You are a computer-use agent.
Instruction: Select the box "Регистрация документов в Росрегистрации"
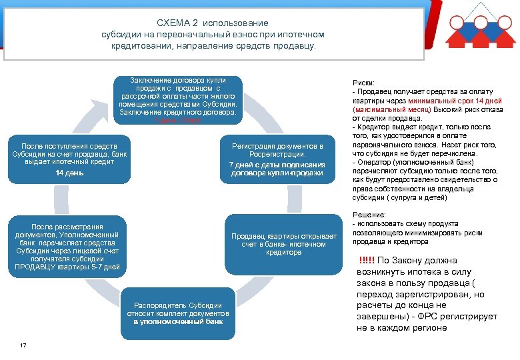pyautogui.click(x=277, y=159)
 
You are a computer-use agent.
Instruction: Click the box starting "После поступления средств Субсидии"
pyautogui.click(x=69, y=159)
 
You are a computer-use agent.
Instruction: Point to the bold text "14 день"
pyautogui.click(x=69, y=173)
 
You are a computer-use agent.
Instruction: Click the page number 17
pyautogui.click(x=23, y=345)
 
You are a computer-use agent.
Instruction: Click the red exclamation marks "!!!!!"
pyautogui.click(x=367, y=261)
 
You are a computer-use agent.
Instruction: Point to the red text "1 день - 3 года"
pyautogui.click(x=177, y=121)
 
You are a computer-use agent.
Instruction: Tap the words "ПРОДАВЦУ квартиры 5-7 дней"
pyautogui.click(x=67, y=267)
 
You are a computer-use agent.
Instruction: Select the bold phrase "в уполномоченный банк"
pyautogui.click(x=177, y=321)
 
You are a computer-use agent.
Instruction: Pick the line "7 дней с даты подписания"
pyautogui.click(x=277, y=164)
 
